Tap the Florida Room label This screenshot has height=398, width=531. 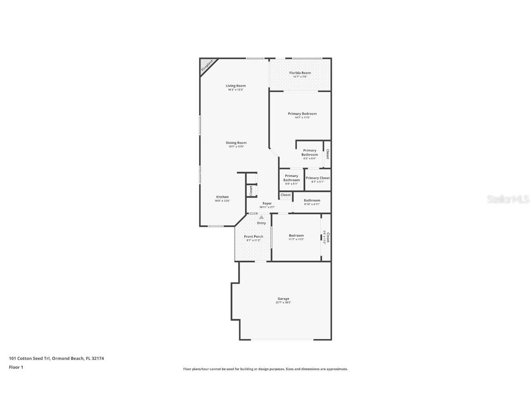[x=300, y=73]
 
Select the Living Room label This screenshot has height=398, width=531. [x=236, y=86]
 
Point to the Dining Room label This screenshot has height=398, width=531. [x=236, y=143]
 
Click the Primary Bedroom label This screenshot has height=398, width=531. [x=302, y=114]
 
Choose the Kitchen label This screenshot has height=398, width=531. [x=222, y=197]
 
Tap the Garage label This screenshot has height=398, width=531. [x=283, y=298]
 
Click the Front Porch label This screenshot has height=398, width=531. [x=254, y=237]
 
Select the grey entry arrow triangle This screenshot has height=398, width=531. [x=261, y=217]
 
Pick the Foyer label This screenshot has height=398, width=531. [x=267, y=204]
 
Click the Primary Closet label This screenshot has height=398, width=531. [x=318, y=178]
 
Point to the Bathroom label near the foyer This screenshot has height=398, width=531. [x=312, y=200]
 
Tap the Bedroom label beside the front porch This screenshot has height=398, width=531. [x=296, y=236]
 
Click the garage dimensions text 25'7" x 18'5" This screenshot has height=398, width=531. [x=283, y=303]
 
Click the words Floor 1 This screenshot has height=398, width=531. [x=16, y=367]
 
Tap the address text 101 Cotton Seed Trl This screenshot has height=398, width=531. [x=30, y=358]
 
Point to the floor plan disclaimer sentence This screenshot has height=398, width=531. [x=265, y=369]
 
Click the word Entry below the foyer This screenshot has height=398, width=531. [x=261, y=223]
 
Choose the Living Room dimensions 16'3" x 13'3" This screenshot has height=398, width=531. [x=236, y=90]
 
